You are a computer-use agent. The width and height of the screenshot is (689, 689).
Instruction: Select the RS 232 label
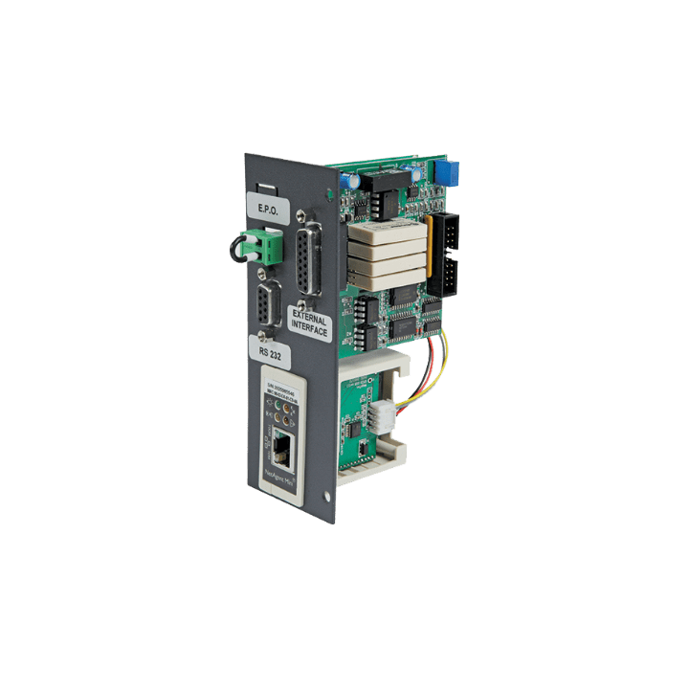tap(270, 350)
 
